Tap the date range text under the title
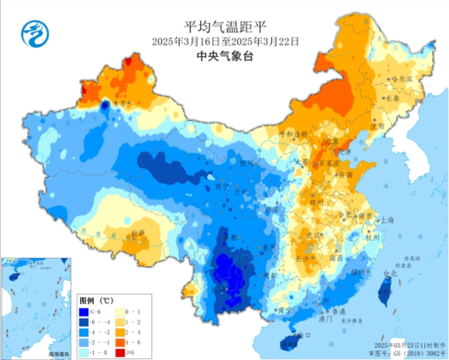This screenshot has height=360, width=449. (x=224, y=40)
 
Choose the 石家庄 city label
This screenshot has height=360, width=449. (x=327, y=163)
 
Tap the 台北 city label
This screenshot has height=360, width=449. (x=390, y=276)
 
